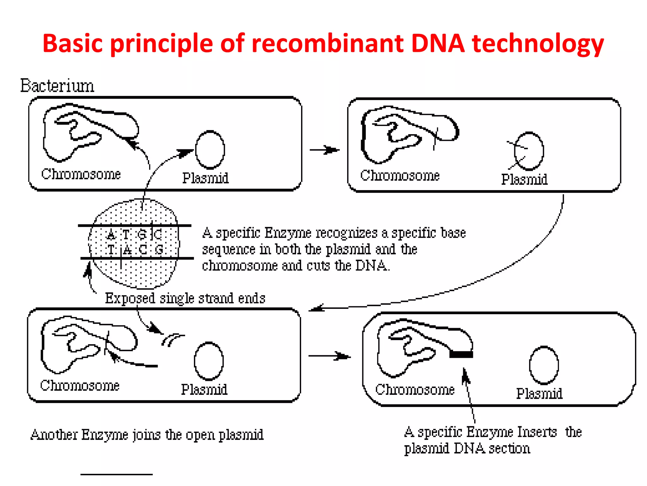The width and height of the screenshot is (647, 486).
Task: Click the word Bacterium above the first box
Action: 57,86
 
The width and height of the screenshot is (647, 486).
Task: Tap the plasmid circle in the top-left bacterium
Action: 210,150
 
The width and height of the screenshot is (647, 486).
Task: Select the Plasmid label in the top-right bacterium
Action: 524,179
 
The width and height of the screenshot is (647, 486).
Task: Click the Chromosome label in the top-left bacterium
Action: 81,174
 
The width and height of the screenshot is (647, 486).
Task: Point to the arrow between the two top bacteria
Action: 324,150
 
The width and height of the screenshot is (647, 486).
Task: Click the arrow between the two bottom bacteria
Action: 329,356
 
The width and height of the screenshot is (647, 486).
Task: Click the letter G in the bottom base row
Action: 159,250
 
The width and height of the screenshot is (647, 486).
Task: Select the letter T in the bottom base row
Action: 111,250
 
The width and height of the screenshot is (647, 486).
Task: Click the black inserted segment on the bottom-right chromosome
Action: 461,354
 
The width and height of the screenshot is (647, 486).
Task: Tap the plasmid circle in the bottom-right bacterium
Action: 544,365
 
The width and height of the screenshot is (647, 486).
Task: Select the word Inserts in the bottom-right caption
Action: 537,432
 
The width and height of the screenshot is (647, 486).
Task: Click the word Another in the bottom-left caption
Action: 54,435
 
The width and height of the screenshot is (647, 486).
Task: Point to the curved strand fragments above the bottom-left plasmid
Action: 172,340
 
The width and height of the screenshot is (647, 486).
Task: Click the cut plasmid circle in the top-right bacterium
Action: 529,151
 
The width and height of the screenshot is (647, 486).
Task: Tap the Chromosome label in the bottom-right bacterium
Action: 415,389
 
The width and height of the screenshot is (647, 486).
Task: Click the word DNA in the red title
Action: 438,43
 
